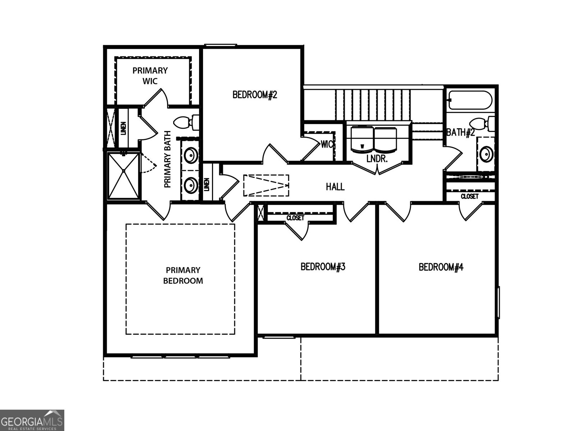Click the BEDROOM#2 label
pos(255,95)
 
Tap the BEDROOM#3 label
pos(323,267)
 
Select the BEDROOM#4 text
pos(441,267)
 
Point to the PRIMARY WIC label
pos(150,75)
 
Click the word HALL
pos(335,187)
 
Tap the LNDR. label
pos(377,159)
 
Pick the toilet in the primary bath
pos(186,123)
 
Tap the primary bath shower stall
pos(123,175)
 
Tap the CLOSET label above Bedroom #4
pos(469,196)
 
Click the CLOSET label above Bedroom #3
pos(295,218)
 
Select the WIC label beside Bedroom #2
pos(327,144)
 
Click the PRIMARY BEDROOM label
pos(183,275)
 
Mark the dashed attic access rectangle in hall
pos(266,185)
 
